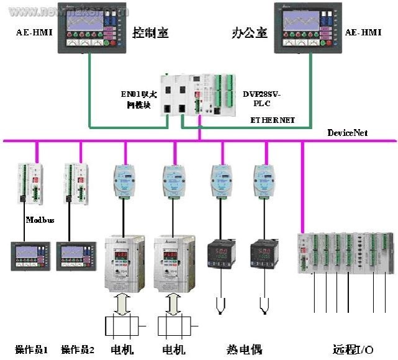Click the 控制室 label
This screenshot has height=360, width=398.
point(150,32)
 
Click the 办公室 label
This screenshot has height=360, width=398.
point(249,32)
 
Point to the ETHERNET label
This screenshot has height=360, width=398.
point(273,119)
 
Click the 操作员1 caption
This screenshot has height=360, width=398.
point(32,349)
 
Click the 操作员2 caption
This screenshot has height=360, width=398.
point(78,349)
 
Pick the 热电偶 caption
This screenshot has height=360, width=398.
point(242,349)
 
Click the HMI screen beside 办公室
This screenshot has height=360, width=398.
point(308,29)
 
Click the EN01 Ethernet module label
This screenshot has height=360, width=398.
point(139,99)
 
